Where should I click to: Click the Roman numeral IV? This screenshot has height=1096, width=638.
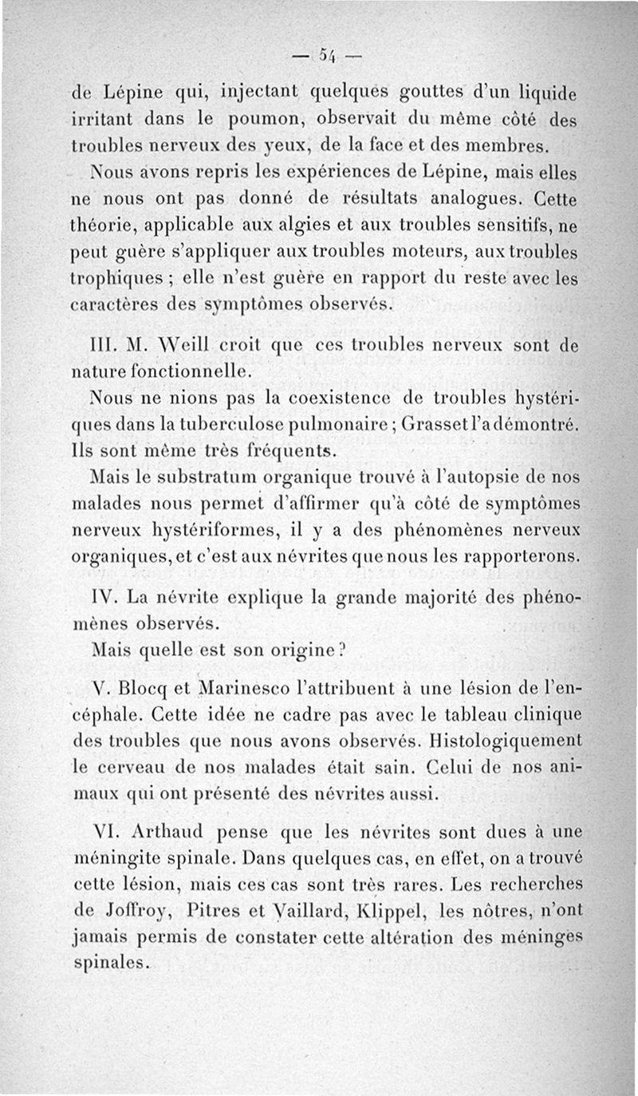tap(106, 594)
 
